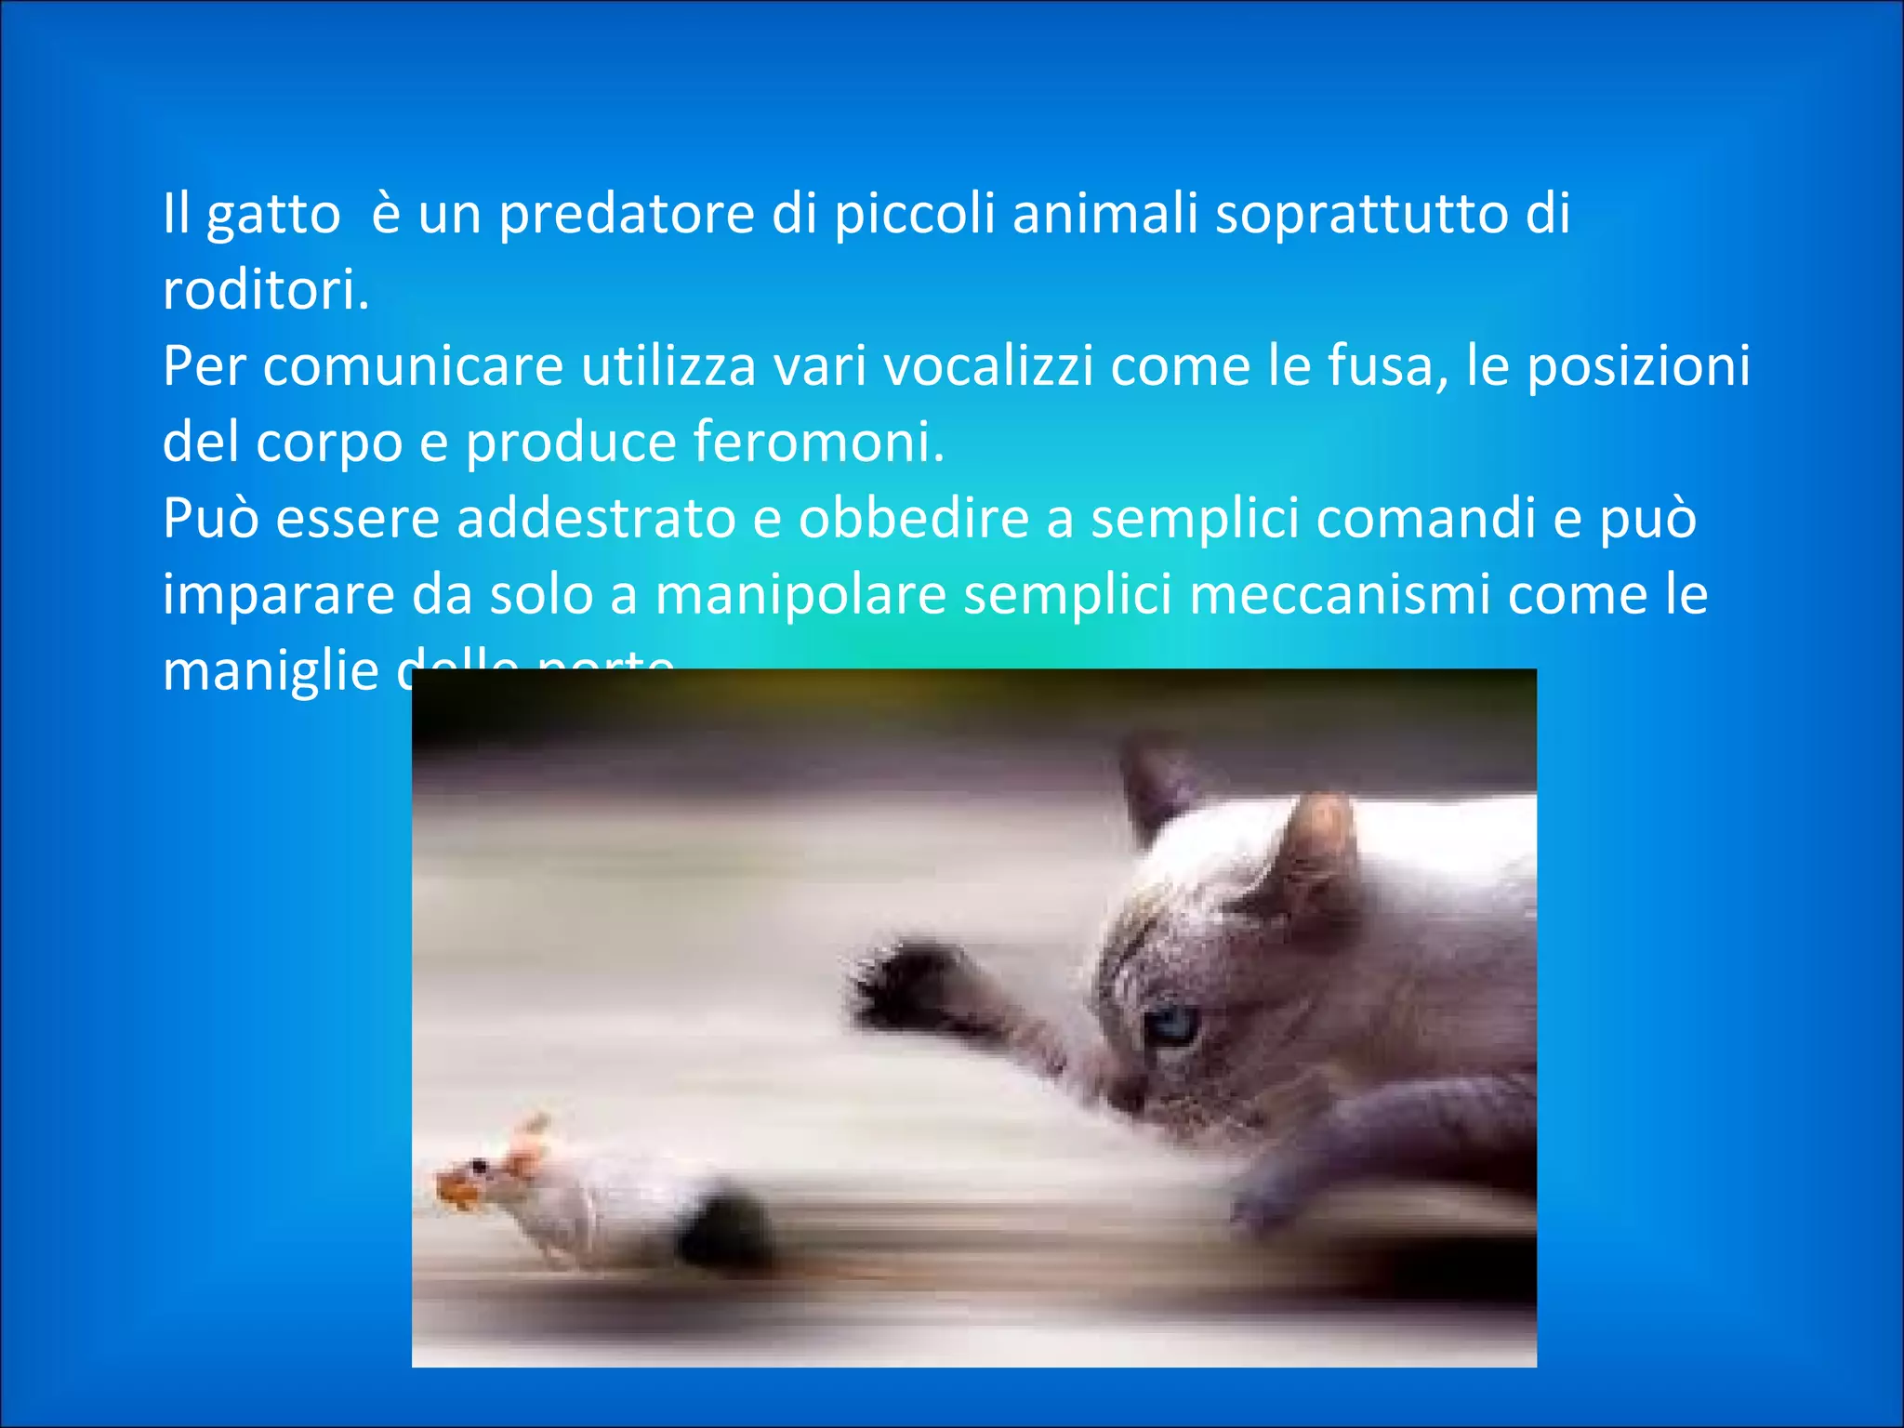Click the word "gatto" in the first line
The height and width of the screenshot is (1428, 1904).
(272, 216)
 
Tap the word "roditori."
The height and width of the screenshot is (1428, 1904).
(266, 290)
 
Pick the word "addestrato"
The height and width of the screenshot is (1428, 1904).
(596, 519)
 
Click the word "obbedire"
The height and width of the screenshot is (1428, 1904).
(914, 519)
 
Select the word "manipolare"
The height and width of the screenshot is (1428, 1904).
(800, 595)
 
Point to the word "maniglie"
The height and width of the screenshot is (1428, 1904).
(271, 671)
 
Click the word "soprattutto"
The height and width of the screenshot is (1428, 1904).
(1361, 214)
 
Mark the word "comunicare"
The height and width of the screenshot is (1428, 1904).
(414, 366)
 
